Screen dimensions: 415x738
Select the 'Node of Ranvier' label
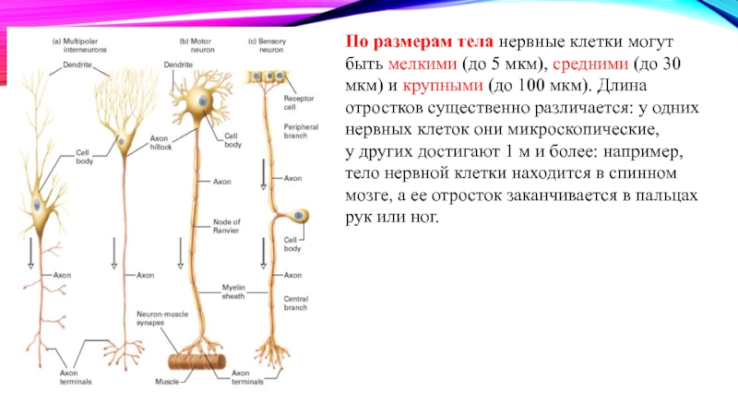click(x=226, y=226)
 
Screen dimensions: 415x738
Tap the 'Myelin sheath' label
click(x=232, y=290)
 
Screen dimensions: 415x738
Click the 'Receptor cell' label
click(x=297, y=100)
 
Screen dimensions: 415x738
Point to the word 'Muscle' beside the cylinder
click(x=167, y=381)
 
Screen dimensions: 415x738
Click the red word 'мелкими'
click(x=421, y=65)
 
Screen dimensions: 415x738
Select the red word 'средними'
click(x=605, y=65)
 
